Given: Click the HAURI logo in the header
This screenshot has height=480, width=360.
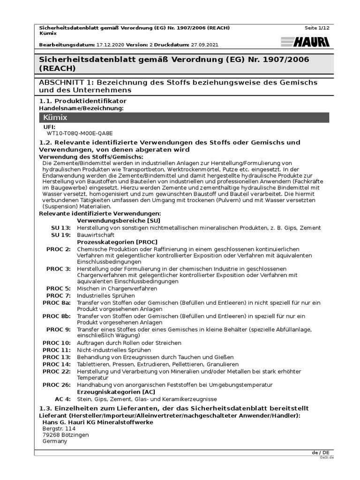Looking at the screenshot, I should click(x=305, y=42).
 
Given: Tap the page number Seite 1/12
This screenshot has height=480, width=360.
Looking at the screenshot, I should click(x=317, y=28).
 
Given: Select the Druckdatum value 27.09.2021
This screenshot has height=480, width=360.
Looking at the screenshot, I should click(x=204, y=45).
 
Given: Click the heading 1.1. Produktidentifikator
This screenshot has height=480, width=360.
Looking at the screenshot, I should click(x=82, y=101).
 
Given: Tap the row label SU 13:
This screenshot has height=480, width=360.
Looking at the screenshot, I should click(x=61, y=228).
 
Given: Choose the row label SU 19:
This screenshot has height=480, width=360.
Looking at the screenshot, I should click(x=61, y=235).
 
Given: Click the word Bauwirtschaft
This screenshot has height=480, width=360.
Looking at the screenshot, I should click(x=96, y=235).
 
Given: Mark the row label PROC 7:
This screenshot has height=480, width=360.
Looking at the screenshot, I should click(x=59, y=296).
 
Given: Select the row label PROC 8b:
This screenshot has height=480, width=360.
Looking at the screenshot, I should click(x=57, y=316).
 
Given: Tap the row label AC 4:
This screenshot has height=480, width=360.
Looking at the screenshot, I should click(x=62, y=399).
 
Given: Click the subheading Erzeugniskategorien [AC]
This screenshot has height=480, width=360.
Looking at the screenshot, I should click(x=116, y=392).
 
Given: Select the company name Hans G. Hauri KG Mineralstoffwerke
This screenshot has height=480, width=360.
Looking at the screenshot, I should click(x=97, y=422).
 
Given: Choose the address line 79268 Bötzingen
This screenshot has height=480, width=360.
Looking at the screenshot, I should click(x=65, y=435).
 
